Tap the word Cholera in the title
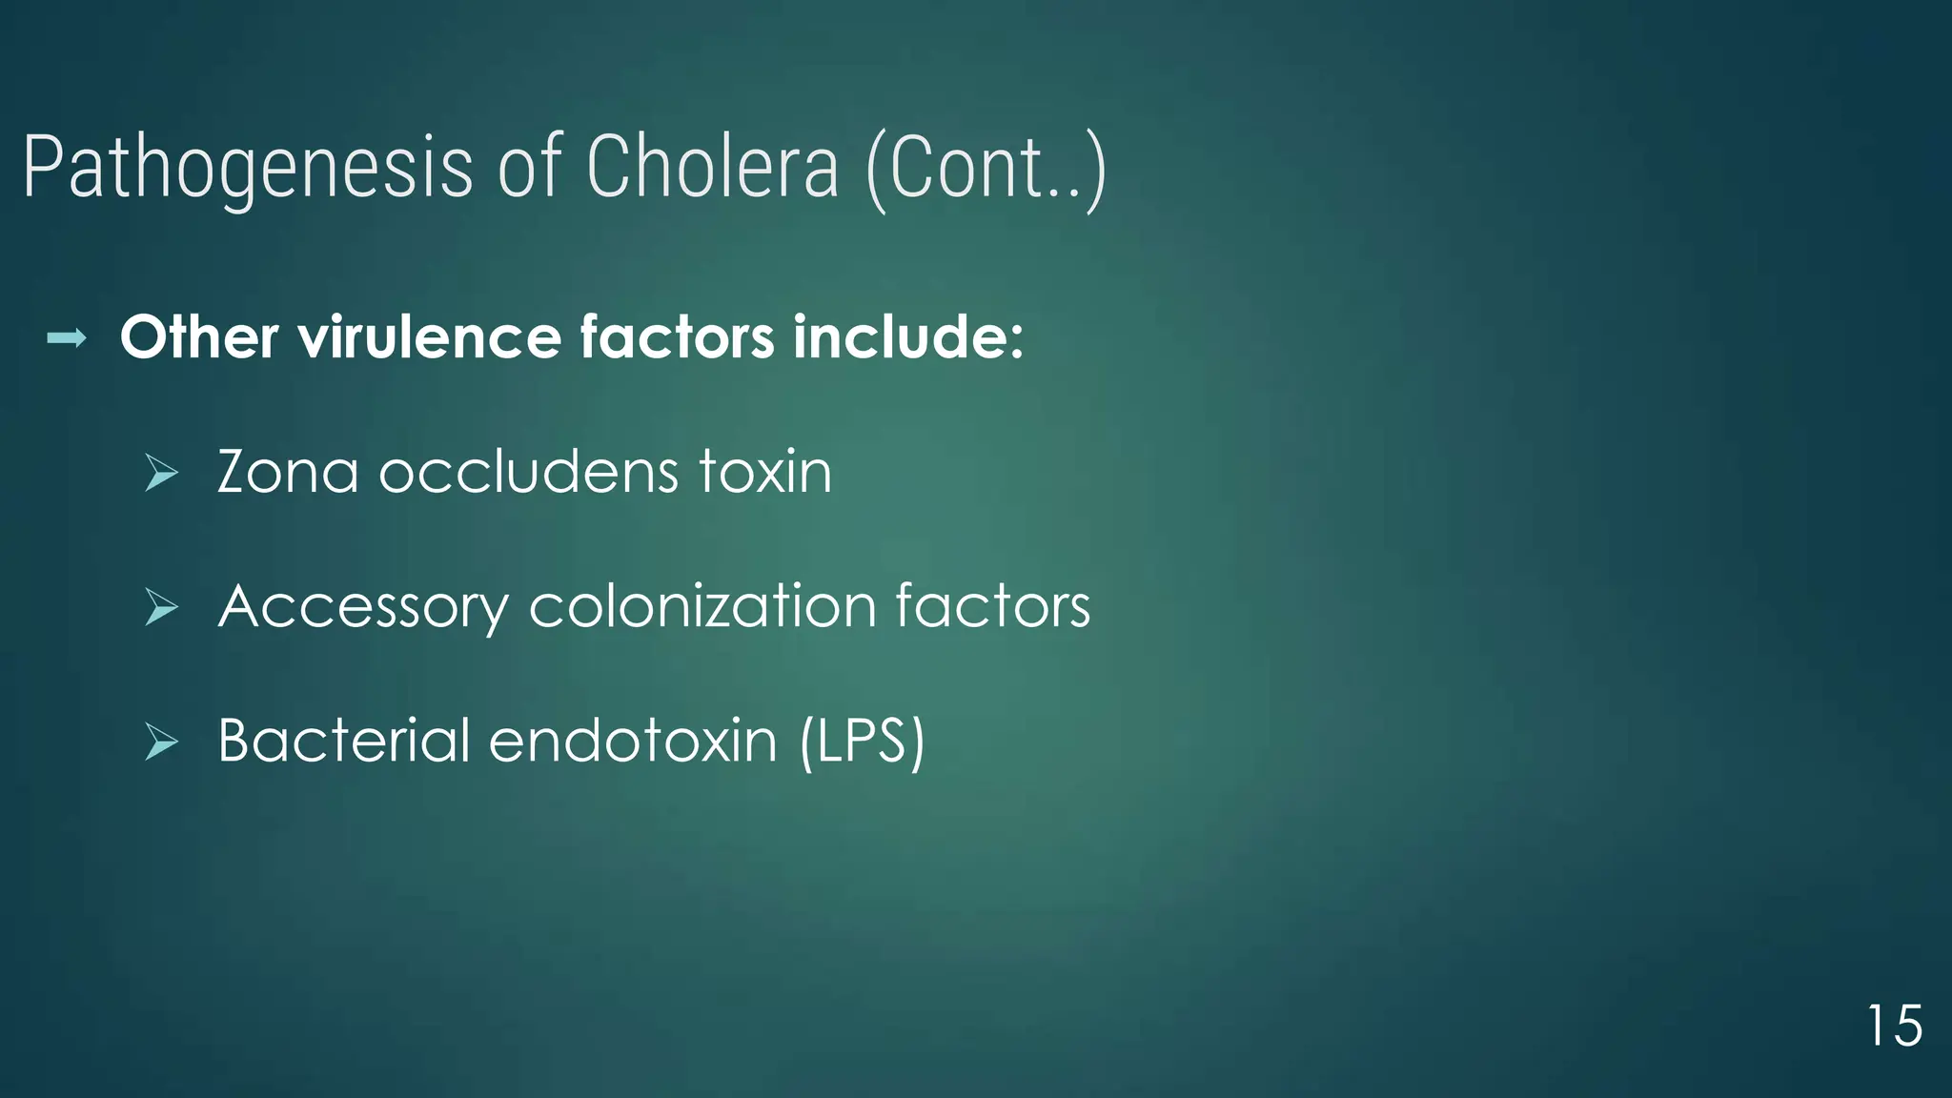712,168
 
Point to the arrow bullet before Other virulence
67,337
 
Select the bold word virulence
429,337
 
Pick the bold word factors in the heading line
677,337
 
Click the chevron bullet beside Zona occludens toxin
161,473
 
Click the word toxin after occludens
765,472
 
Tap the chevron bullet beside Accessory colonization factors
161,607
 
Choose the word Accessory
363,608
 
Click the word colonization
702,607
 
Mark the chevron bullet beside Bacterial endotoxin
161,742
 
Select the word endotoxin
633,741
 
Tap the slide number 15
1894,1027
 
